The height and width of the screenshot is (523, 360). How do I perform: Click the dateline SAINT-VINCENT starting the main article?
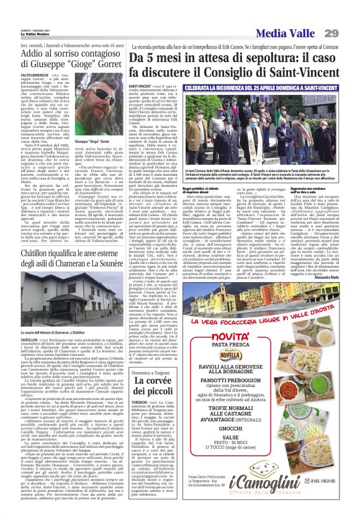(x=140, y=86)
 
